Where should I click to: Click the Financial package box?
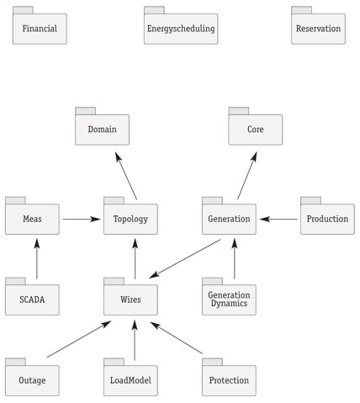(40, 25)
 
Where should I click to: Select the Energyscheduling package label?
(181, 29)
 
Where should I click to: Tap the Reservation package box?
(318, 25)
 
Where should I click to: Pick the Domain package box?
(102, 126)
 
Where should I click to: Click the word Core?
(256, 130)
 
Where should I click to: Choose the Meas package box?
(32, 215)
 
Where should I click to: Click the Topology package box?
(130, 215)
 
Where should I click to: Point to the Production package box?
(327, 215)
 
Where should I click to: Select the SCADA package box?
(32, 296)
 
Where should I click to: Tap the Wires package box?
(130, 296)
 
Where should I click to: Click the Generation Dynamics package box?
(229, 296)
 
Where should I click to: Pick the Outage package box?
(32, 377)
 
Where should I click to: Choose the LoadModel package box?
(130, 377)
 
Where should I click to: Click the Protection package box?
(229, 377)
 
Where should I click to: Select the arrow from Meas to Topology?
(82, 219)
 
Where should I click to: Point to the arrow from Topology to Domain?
(126, 176)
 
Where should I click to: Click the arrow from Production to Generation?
(278, 219)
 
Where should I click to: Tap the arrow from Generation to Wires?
(185, 259)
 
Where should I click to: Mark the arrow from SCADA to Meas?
(37, 259)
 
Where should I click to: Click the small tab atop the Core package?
(239, 111)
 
